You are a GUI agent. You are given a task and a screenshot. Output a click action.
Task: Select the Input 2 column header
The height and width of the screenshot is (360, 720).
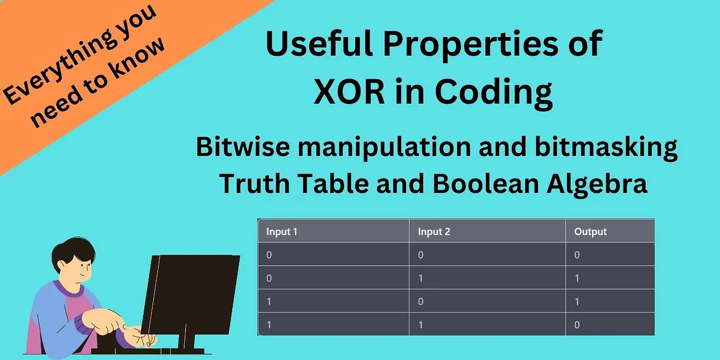[434, 232]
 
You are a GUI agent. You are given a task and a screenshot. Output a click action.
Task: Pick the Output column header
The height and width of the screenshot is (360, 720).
[590, 232]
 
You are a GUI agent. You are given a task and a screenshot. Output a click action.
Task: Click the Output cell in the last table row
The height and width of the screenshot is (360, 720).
[577, 324]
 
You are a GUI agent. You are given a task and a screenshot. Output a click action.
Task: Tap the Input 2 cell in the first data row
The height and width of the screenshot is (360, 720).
[420, 255]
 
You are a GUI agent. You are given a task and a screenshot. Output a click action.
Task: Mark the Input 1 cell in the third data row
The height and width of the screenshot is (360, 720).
[269, 302]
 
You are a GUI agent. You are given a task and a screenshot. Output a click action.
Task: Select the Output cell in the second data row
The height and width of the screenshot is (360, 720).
[577, 278]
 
